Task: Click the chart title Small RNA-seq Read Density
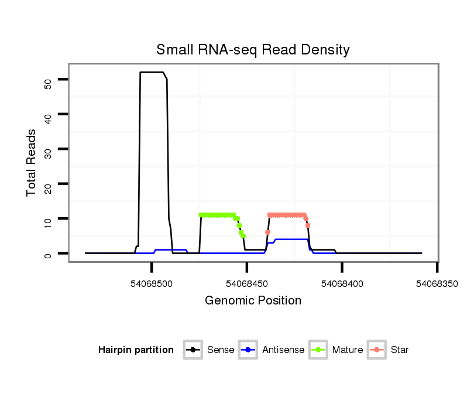253,50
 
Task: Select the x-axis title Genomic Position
253,301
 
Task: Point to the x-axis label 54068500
152,283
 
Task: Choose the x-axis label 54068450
247,283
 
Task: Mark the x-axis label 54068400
342,283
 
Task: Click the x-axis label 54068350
438,283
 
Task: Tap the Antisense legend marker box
248,350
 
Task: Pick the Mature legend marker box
318,350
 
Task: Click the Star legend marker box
377,350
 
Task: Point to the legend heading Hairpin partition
136,350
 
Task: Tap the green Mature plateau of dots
217,215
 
